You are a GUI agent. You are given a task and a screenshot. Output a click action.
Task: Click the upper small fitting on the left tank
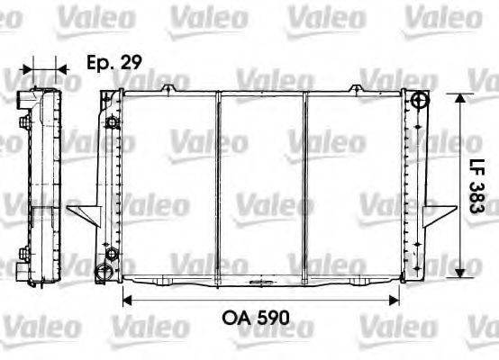[111, 122]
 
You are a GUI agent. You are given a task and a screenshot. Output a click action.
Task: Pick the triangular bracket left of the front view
[84, 213]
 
